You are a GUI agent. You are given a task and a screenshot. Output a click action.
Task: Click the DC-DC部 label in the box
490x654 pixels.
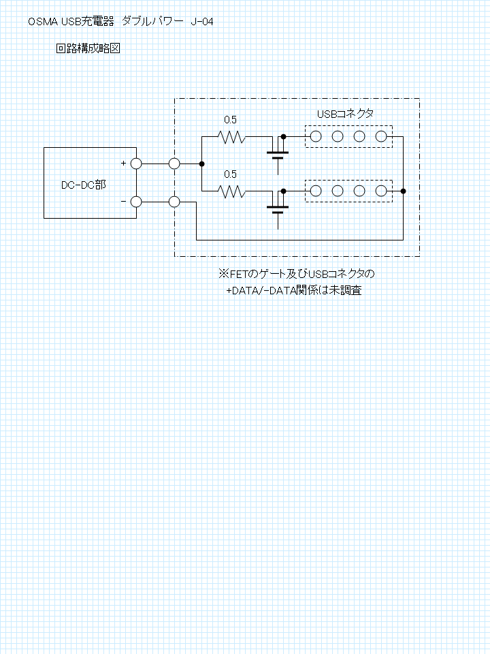(84, 185)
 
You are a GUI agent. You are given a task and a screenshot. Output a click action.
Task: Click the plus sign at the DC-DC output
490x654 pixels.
(123, 163)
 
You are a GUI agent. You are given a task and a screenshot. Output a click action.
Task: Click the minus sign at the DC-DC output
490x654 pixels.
(123, 202)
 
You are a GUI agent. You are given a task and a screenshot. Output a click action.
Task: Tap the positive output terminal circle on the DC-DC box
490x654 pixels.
(136, 164)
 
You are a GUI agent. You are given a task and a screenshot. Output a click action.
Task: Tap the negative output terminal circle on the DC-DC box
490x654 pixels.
(136, 202)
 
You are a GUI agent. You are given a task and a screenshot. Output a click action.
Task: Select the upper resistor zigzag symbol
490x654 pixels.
(231, 136)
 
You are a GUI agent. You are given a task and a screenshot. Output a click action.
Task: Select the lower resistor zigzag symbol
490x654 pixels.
(231, 191)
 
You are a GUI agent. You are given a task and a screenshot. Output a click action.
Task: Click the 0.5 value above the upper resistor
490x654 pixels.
(230, 120)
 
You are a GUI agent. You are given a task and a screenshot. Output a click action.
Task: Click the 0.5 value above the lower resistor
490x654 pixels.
(230, 174)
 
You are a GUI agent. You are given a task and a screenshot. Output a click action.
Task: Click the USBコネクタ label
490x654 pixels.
(345, 114)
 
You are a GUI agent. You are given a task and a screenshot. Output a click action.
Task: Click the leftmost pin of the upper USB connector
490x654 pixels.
(316, 136)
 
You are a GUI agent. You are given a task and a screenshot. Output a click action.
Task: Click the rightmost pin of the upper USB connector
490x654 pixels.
(381, 136)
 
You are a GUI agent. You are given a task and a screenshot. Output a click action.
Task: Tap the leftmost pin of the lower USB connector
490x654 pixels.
(316, 191)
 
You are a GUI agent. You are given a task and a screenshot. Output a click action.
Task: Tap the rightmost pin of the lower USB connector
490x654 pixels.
(381, 191)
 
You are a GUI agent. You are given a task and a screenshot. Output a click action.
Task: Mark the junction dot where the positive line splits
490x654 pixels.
(201, 164)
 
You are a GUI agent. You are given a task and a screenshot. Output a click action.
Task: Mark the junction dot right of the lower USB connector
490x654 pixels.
(403, 191)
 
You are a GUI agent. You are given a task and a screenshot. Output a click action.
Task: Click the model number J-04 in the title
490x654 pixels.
(202, 22)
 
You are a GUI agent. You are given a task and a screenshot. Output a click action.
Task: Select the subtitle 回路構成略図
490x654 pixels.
(88, 48)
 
